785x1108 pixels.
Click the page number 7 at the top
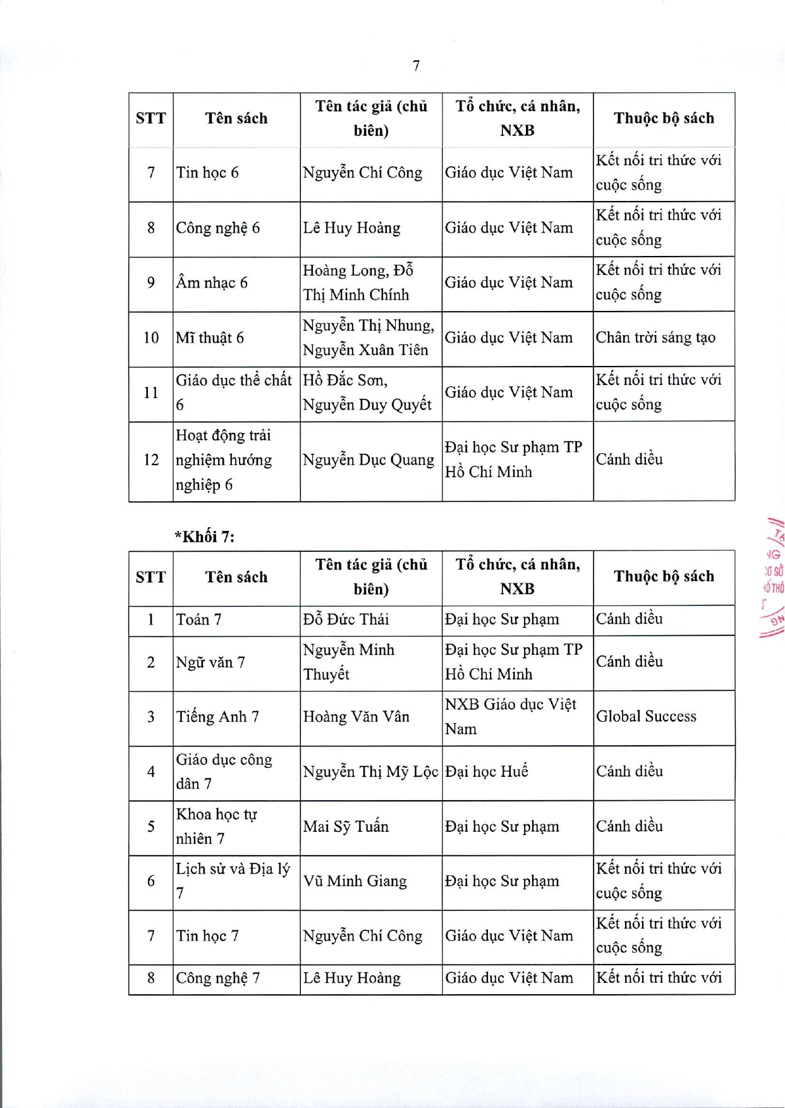pos(416,66)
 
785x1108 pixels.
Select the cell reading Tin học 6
pos(207,173)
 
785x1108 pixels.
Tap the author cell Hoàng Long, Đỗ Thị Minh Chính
pos(358,283)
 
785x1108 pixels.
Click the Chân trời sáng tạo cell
pos(655,338)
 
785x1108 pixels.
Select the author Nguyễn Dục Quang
pos(368,460)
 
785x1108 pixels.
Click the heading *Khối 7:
pos(204,537)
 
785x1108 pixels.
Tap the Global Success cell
pos(646,716)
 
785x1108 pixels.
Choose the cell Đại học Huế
pos(486,771)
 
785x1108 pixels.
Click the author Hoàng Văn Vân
pos(356,717)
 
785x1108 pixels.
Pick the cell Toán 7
pos(198,619)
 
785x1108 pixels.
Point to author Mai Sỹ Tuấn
pos(346,826)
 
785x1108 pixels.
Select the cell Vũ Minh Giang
pos(355,881)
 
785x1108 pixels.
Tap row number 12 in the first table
pos(151,460)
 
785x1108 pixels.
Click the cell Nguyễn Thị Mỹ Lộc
pos(370,771)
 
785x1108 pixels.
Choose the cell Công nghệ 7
pos(218,978)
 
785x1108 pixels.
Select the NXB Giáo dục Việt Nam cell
pos(510,717)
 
